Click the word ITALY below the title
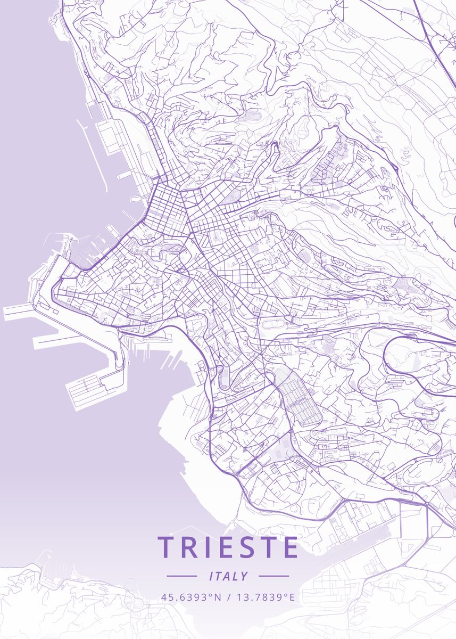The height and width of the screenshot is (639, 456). tap(228, 576)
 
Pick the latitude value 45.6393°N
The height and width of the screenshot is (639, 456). tap(191, 597)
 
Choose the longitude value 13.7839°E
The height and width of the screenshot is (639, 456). tap(264, 597)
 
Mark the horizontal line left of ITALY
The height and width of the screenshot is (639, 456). tap(181, 576)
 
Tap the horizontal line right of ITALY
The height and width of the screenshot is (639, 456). tap(274, 576)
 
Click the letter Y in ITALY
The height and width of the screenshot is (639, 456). tap(244, 576)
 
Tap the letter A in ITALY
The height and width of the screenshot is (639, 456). tap(229, 576)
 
